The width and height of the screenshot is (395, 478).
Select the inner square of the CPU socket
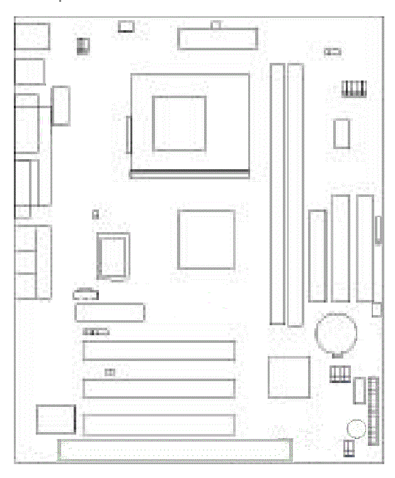pyautogui.click(x=180, y=123)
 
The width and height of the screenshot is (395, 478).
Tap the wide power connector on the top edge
pyautogui.click(x=217, y=38)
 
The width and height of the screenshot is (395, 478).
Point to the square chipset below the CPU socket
pyautogui.click(x=206, y=239)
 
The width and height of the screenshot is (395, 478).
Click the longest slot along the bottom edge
pyautogui.click(x=175, y=450)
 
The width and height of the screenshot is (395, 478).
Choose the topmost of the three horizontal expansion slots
pyautogui.click(x=158, y=350)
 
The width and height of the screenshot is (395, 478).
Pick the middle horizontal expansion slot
pyautogui.click(x=158, y=388)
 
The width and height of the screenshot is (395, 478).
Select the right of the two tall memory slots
pyautogui.click(x=295, y=194)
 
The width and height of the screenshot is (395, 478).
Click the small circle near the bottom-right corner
pyautogui.click(x=355, y=429)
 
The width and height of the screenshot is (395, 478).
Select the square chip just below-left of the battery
pyautogui.click(x=289, y=377)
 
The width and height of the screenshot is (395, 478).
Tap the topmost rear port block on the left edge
pyautogui.click(x=31, y=36)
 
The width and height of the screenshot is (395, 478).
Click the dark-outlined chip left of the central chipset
pyautogui.click(x=112, y=255)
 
